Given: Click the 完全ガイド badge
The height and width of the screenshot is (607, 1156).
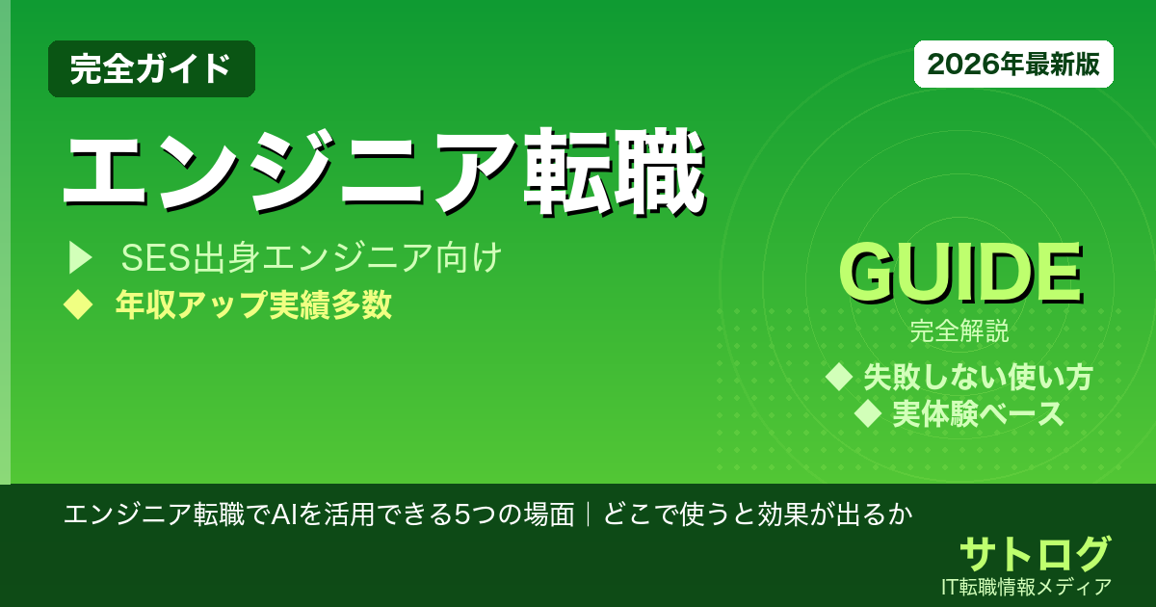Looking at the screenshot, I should point(151,68).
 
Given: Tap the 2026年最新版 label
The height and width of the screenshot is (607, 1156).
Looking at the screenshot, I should point(1013,65).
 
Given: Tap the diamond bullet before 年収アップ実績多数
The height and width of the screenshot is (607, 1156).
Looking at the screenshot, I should point(77,305).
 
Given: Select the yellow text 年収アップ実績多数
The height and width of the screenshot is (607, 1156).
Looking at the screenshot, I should point(253,305).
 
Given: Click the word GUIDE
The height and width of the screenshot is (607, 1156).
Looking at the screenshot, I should point(959,275).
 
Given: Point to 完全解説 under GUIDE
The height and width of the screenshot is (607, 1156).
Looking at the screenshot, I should point(959,333).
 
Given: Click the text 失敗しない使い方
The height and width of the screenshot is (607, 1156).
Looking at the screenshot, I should point(977,376).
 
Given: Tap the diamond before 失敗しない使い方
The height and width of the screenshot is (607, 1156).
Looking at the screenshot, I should point(840,376).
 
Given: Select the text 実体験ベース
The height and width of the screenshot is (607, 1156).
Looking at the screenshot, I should point(978,414).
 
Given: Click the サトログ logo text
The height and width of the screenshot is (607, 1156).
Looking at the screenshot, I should point(1035,554).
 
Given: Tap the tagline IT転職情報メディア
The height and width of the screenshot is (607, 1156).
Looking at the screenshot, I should point(1028,586).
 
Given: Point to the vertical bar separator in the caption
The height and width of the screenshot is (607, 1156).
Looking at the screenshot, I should point(588,514).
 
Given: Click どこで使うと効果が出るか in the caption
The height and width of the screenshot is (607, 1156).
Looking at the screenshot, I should point(756,514).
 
